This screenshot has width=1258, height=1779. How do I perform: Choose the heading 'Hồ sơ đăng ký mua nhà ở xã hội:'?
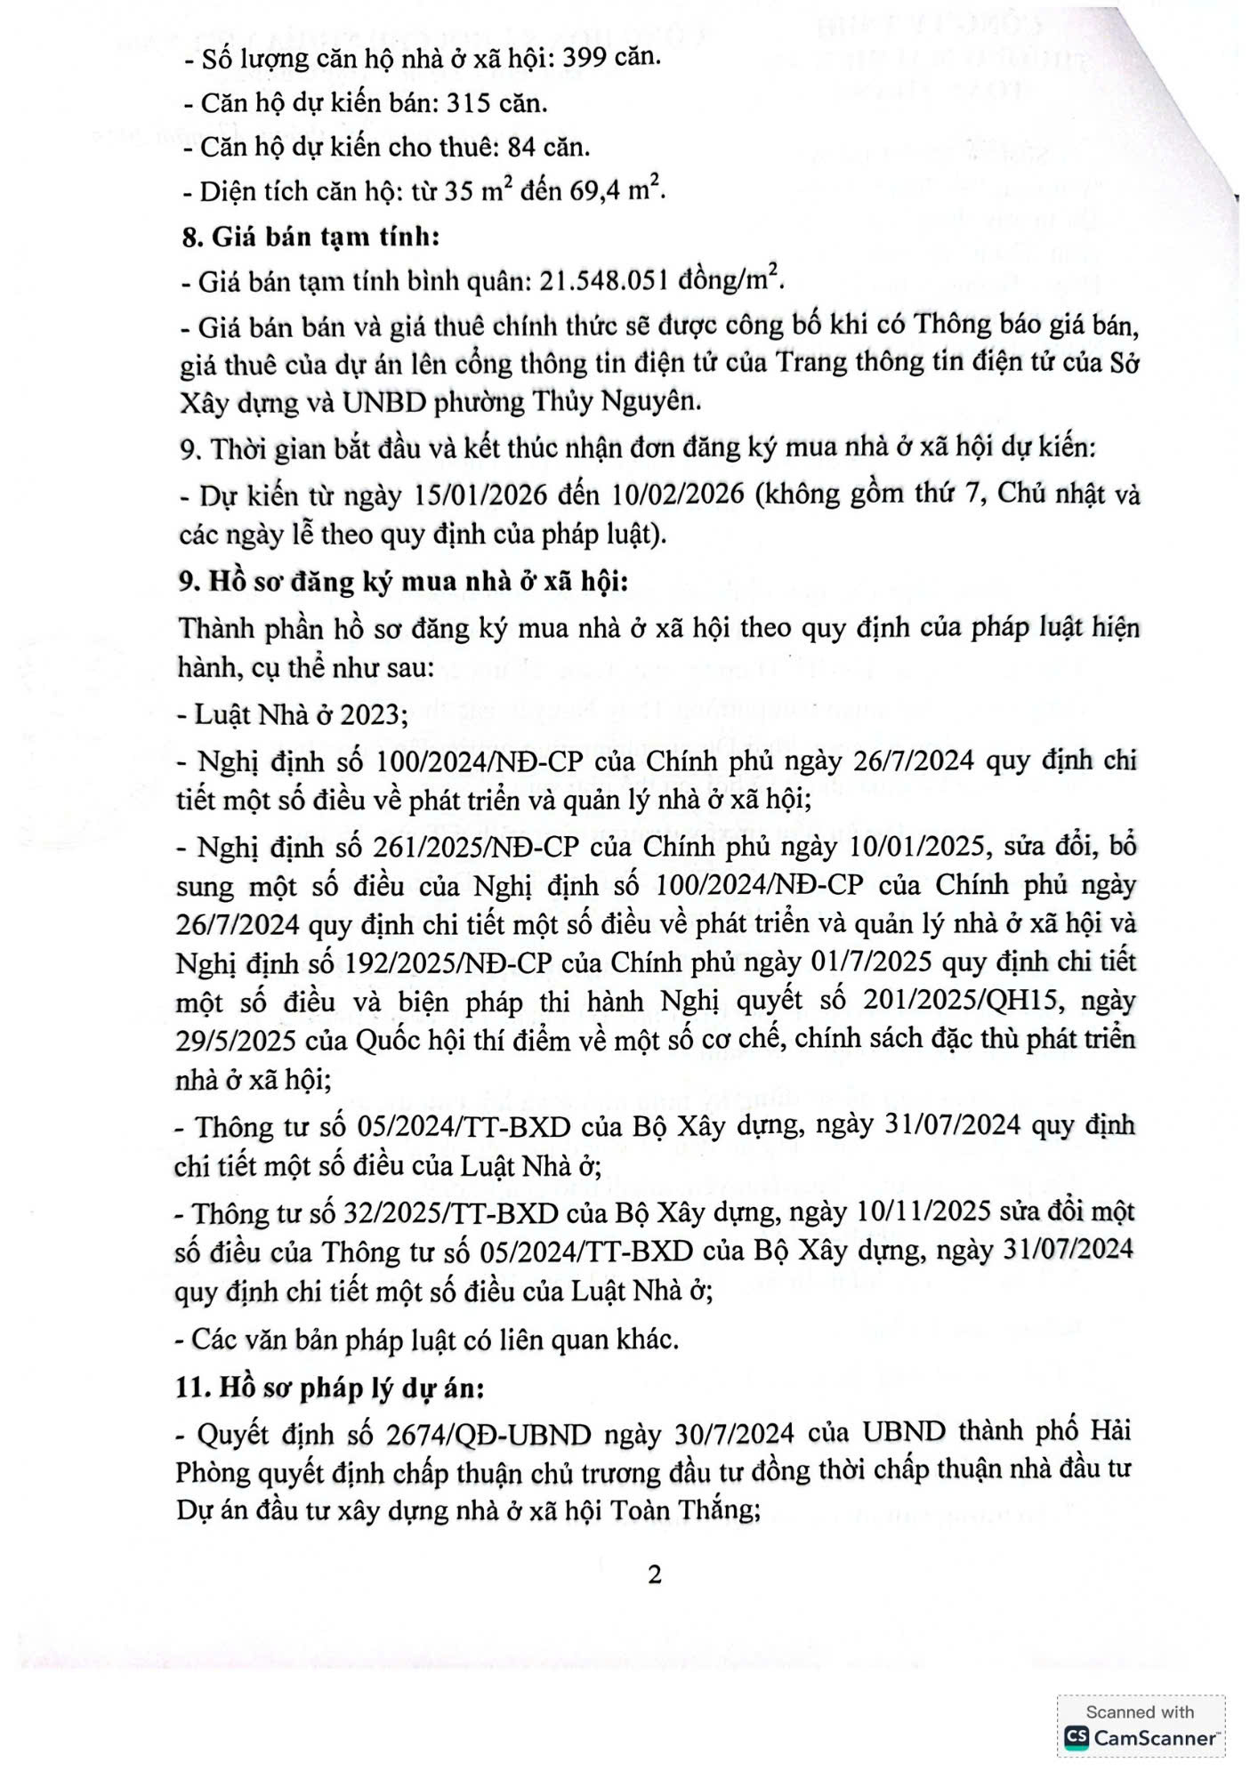coord(418,582)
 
